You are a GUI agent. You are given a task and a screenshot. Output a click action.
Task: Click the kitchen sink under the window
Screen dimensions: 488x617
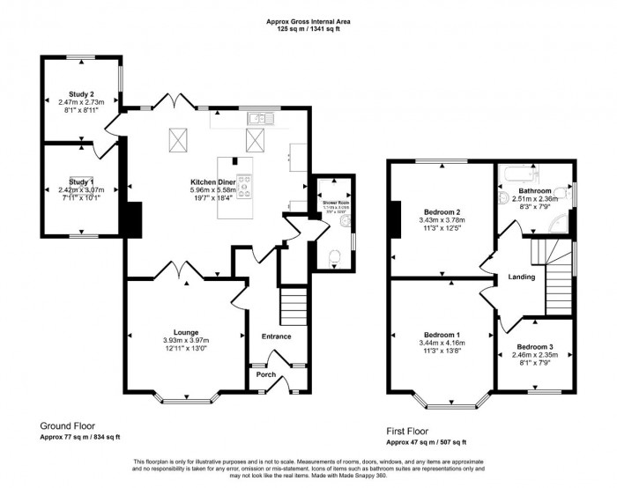click(x=262, y=117)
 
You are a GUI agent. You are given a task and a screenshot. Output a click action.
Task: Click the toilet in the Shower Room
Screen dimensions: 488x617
click(x=334, y=256)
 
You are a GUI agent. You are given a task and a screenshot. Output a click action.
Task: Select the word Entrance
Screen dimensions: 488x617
click(x=276, y=336)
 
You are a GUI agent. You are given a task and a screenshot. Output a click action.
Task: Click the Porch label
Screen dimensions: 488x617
click(x=265, y=373)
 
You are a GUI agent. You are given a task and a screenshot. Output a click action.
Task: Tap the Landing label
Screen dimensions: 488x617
click(x=522, y=277)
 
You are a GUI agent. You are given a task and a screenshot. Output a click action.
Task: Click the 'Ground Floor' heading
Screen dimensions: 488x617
click(x=68, y=425)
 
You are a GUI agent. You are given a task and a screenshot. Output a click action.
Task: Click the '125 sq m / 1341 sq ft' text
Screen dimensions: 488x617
click(x=308, y=29)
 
